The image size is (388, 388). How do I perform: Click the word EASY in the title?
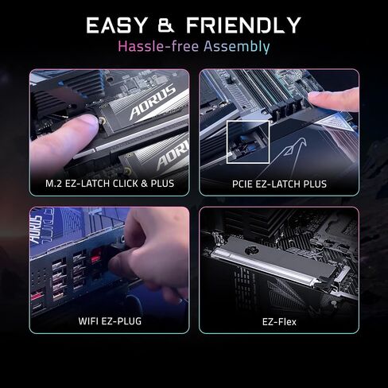click(116, 25)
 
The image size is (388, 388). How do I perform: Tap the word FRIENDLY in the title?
click(243, 25)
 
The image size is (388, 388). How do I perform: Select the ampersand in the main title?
click(166, 25)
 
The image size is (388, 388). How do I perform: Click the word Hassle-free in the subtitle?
click(158, 46)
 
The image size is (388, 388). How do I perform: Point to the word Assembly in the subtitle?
click(237, 47)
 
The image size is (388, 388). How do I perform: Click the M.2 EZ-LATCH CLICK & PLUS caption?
click(110, 184)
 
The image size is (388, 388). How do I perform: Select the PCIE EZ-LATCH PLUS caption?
click(279, 184)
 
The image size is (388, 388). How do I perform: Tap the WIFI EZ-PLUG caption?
click(110, 321)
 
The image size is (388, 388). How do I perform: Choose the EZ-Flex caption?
click(279, 322)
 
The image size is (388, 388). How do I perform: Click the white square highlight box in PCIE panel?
click(227, 142)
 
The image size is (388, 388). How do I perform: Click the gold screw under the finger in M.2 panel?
click(102, 121)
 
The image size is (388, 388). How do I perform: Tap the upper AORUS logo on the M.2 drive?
click(153, 102)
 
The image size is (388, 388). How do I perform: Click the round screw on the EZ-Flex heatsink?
click(250, 250)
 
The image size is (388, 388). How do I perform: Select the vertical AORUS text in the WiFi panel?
click(36, 229)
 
